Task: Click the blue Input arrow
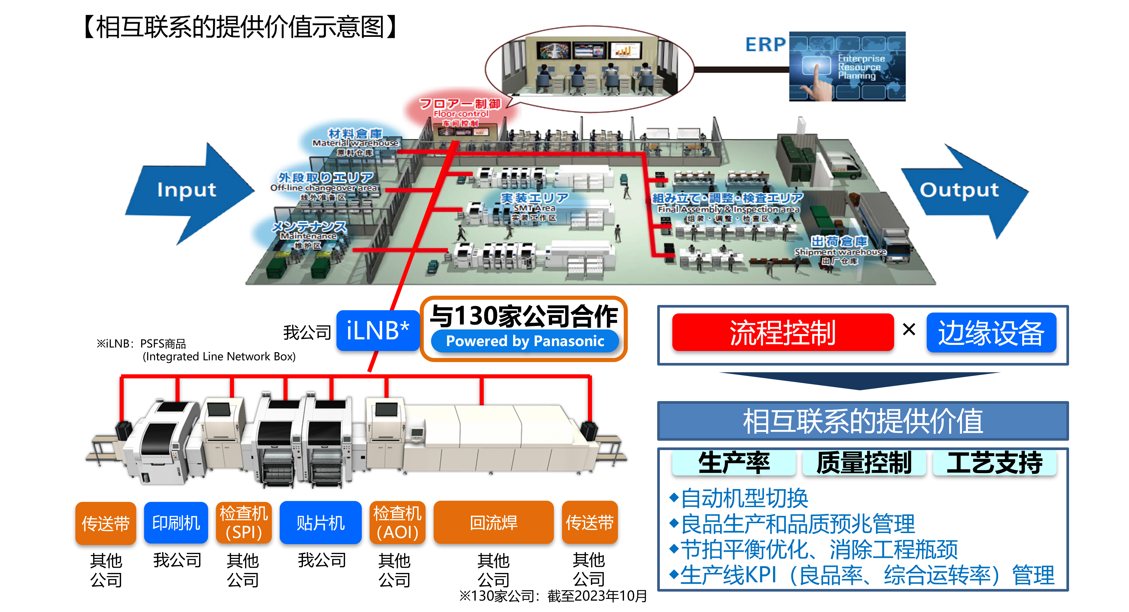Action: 186,191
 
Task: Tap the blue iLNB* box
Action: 377,330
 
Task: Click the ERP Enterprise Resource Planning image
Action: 847,67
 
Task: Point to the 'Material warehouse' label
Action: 355,143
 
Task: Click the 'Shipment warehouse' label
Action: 840,252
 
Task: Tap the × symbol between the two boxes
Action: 909,329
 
